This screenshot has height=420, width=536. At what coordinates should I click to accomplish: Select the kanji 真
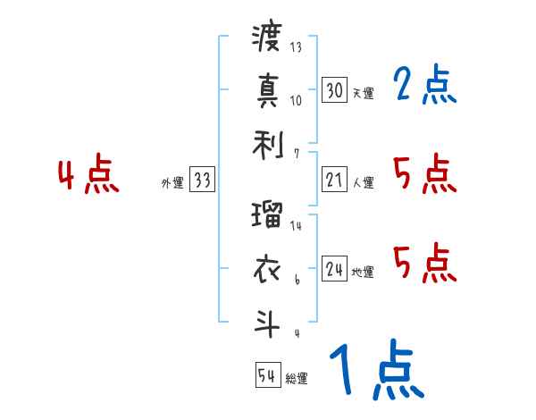click(x=267, y=90)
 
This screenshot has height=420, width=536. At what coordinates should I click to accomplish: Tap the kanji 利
click(x=267, y=141)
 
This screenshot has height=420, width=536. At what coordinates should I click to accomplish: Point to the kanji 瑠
click(x=267, y=217)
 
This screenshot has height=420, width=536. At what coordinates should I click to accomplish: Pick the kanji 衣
click(x=267, y=269)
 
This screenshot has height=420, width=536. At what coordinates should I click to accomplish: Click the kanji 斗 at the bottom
click(x=267, y=321)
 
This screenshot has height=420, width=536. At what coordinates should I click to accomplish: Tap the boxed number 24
click(x=334, y=269)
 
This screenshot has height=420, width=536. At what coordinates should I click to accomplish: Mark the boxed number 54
click(x=267, y=376)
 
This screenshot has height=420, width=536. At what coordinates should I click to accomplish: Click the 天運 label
click(x=363, y=93)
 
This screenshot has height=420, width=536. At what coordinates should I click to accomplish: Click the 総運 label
click(x=297, y=379)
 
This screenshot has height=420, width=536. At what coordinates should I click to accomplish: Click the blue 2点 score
click(x=424, y=86)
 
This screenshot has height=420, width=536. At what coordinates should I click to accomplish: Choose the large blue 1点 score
click(x=375, y=371)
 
